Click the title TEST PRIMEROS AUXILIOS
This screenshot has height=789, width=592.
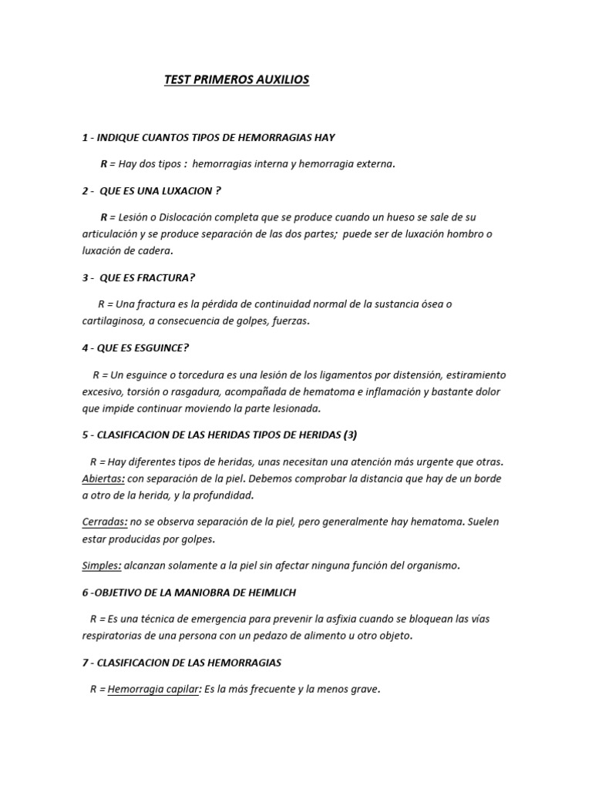pyautogui.click(x=237, y=79)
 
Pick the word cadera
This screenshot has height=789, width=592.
pyautogui.click(x=152, y=250)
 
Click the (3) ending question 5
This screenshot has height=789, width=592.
pyautogui.click(x=351, y=435)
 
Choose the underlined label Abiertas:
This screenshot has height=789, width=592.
pyautogui.click(x=103, y=478)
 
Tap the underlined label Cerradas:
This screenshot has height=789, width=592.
pyautogui.click(x=104, y=522)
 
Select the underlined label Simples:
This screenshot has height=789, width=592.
pyautogui.click(x=102, y=566)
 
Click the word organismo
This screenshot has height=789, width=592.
pyautogui.click(x=433, y=566)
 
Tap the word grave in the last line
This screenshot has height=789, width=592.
pyautogui.click(x=365, y=689)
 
